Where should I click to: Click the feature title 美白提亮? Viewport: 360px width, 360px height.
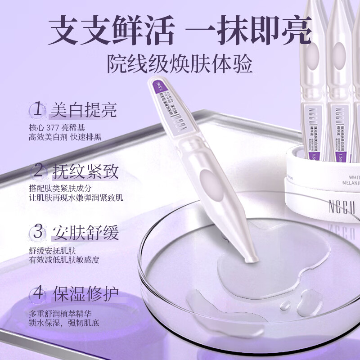pyautogui.click(x=84, y=110)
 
